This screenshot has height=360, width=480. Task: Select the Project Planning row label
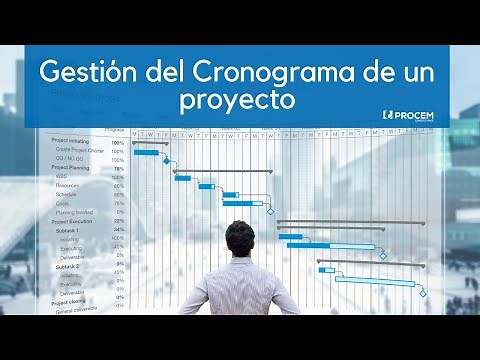tap(73, 169)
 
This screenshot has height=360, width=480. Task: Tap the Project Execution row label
tap(74, 220)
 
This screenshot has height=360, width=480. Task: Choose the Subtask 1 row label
tap(68, 230)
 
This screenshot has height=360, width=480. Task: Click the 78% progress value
tap(119, 169)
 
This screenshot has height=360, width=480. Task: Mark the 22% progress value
tap(119, 221)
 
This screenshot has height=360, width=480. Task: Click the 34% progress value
tap(119, 230)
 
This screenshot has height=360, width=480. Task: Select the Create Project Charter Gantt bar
tap(146, 152)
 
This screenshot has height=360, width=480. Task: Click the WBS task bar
tap(182, 178)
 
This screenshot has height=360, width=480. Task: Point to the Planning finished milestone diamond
tap(269, 212)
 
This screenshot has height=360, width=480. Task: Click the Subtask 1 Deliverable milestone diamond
tap(382, 255)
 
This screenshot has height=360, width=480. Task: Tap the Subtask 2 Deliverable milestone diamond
tap(422, 293)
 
